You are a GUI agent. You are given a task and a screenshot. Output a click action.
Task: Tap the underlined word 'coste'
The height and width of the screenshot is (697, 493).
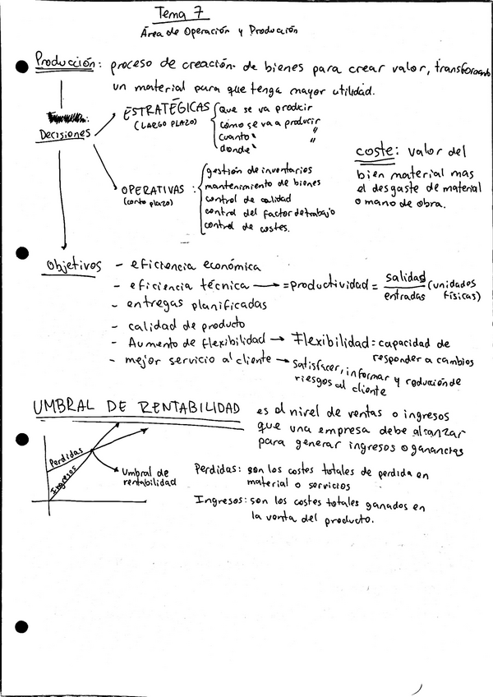[376, 152]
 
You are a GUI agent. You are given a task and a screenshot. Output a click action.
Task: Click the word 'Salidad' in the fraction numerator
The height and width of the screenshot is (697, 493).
[403, 277]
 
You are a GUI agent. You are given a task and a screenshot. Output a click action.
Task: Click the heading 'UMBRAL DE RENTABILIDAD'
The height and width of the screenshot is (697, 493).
[136, 409]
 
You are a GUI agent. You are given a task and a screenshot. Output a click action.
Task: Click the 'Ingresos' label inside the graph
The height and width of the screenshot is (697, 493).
[64, 480]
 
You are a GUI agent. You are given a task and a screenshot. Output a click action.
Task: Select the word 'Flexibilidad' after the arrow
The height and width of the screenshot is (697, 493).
[328, 339]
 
